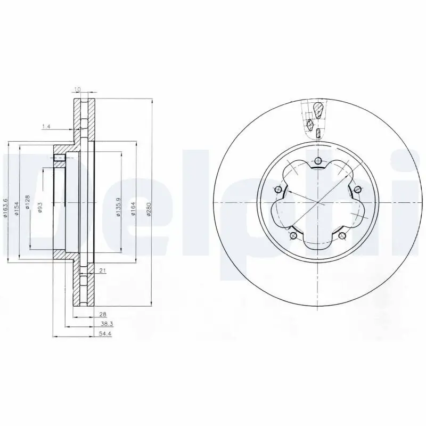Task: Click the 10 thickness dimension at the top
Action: (x=78, y=89)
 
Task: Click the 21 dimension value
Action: (x=103, y=271)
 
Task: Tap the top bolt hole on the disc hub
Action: (x=318, y=161)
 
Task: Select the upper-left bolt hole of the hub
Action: (x=277, y=190)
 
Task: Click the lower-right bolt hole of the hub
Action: (x=342, y=236)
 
